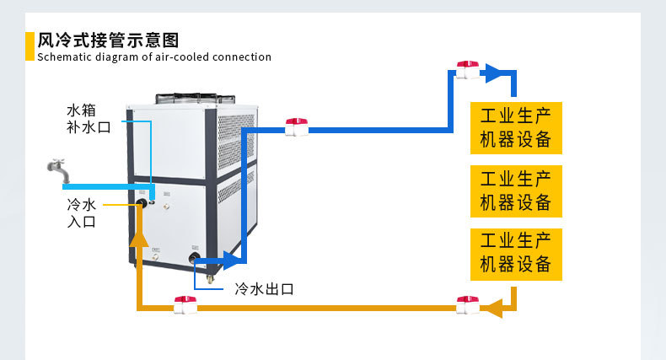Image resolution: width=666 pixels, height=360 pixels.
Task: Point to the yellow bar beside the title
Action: [30, 46]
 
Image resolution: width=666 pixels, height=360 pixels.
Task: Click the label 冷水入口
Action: [82, 212]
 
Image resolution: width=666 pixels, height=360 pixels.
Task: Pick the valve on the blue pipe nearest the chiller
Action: [296, 127]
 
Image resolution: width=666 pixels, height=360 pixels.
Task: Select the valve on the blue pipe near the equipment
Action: [466, 70]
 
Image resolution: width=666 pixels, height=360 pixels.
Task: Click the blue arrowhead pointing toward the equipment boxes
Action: [494, 73]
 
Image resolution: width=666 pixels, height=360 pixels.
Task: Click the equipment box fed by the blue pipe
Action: [515, 127]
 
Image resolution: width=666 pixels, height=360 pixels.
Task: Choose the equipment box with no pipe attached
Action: [515, 191]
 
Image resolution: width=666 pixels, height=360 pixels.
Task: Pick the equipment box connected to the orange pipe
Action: [515, 253]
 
